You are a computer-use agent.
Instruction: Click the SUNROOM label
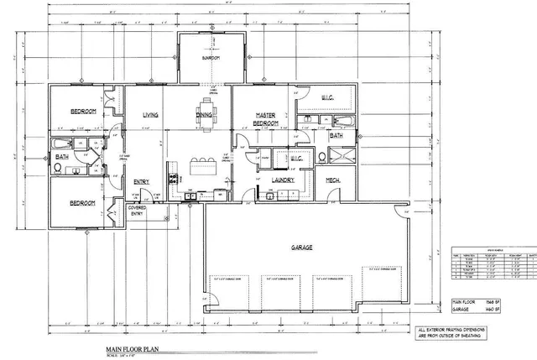click(x=210, y=59)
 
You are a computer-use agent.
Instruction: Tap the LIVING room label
click(x=151, y=116)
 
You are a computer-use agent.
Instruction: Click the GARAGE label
click(x=302, y=248)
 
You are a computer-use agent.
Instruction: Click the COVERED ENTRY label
click(x=137, y=210)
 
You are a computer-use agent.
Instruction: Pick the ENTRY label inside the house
click(x=142, y=180)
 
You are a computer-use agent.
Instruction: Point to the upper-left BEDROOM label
click(x=82, y=112)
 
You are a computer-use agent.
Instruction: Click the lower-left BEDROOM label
click(x=82, y=203)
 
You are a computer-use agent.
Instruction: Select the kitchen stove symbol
click(x=174, y=178)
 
